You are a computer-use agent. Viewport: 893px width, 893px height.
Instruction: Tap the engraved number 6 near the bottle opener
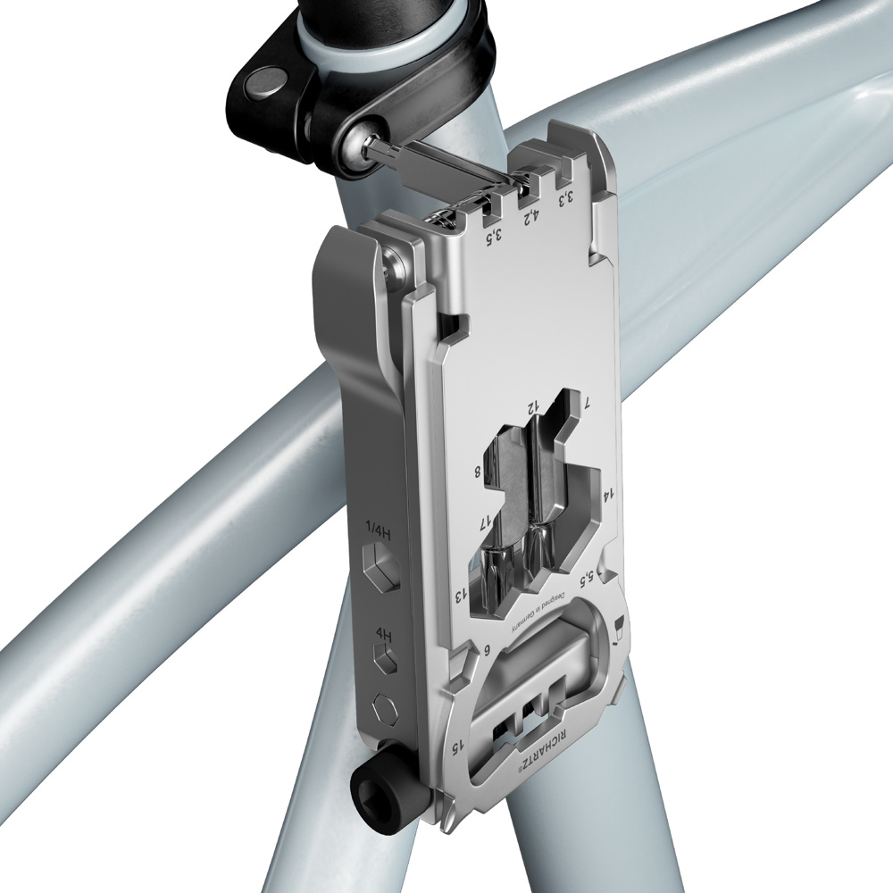[x=487, y=650]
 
